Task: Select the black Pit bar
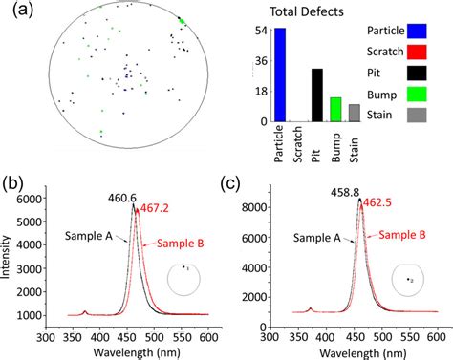316,95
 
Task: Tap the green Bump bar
335,110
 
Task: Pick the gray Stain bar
354,113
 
